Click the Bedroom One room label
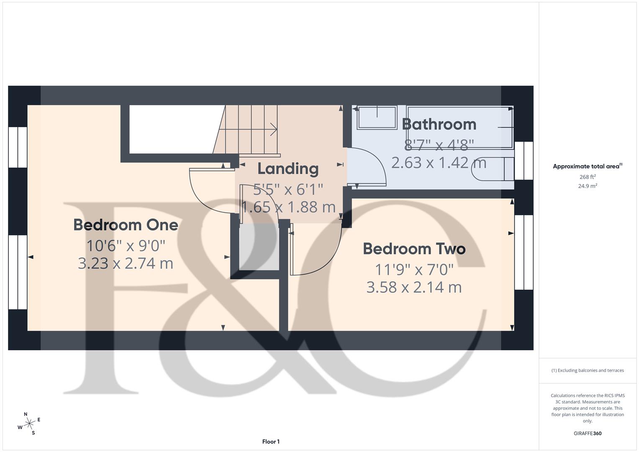[126, 225]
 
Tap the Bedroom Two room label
[414, 249]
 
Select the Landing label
[288, 169]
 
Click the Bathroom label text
[439, 124]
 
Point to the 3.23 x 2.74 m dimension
[126, 263]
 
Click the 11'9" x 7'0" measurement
[414, 270]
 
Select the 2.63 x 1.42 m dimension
[439, 162]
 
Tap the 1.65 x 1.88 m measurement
[288, 207]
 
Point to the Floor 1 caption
[271, 442]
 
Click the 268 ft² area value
[587, 177]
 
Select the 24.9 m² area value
[587, 186]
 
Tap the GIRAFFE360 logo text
[587, 433]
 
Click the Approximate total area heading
[587, 166]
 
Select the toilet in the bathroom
[492, 169]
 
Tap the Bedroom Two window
[524, 252]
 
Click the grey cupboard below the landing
[259, 247]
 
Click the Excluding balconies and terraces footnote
[587, 370]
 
